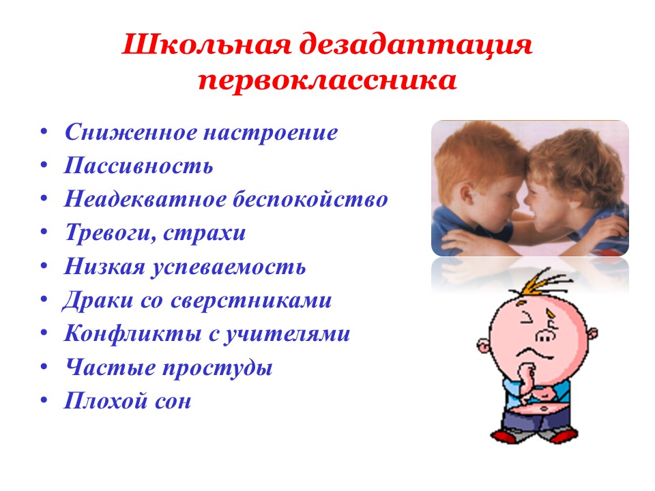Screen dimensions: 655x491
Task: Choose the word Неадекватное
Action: (x=144, y=198)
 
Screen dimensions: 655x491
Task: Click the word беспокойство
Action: (x=310, y=198)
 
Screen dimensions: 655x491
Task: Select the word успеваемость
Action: (x=229, y=267)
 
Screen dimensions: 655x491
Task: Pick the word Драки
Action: (x=98, y=301)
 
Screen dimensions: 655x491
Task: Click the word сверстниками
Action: (x=251, y=301)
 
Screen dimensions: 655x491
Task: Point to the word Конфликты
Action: (x=132, y=334)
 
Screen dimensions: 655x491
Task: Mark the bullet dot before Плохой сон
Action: (x=44, y=400)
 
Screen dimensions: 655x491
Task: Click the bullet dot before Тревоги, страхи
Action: (x=44, y=231)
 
